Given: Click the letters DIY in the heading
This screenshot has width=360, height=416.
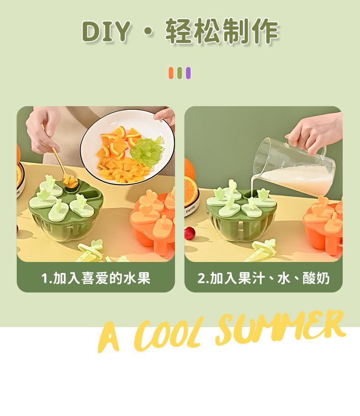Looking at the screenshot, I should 106,31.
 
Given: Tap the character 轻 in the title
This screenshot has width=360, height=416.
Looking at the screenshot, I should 179,31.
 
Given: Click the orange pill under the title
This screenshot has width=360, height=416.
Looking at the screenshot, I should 171,73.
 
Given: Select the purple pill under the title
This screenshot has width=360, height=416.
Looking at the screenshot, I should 188,73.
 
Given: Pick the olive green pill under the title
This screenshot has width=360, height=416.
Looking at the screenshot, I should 180,73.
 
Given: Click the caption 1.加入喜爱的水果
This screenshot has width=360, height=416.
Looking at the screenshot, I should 96,277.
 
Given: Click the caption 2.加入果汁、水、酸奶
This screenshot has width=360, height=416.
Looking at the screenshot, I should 263,277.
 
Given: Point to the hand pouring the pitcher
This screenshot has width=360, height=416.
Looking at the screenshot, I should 314,132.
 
